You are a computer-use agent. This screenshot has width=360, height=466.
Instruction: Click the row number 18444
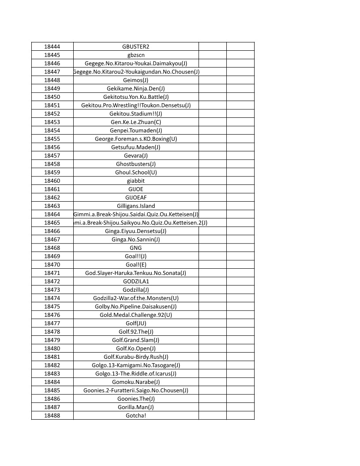52,46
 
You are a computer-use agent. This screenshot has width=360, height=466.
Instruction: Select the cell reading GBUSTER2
136,46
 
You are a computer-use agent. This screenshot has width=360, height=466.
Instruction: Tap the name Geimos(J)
136,80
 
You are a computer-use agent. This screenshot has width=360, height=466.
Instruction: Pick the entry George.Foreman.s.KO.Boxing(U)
136,139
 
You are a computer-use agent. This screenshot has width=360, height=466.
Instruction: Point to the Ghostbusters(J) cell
136,164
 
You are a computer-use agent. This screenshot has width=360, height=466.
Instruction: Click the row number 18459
52,172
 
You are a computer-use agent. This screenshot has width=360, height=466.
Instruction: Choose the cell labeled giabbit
136,180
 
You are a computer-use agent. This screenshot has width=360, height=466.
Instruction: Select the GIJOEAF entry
136,197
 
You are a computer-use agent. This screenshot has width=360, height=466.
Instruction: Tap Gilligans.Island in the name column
136,206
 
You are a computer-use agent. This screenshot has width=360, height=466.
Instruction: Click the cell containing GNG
136,248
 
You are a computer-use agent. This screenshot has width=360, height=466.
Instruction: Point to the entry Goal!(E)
136,264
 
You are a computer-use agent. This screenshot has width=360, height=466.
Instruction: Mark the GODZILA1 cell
136,281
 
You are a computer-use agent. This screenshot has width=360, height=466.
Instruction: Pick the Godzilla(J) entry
136,289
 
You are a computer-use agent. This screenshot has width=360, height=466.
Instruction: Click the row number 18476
52,315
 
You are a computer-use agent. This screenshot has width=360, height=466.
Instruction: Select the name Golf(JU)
136,323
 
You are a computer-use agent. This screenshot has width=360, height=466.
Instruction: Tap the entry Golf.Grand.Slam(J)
136,340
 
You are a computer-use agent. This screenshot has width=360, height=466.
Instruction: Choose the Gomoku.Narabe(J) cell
136,382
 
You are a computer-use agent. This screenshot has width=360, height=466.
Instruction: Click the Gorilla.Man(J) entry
136,407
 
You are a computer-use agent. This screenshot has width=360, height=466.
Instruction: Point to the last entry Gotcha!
136,415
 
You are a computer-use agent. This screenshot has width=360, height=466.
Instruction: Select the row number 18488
52,415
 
